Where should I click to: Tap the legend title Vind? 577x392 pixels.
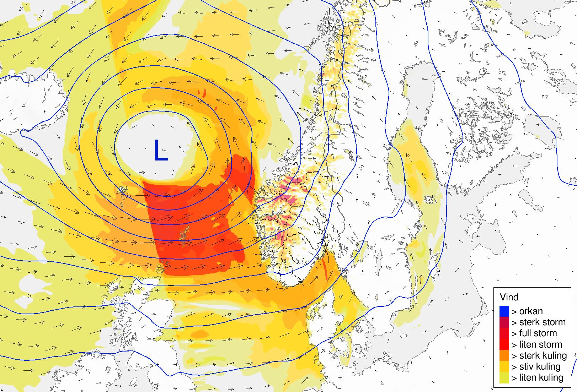click(509, 297)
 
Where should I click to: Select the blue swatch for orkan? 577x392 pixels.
click(504, 311)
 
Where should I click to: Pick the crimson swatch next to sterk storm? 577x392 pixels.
click(504, 322)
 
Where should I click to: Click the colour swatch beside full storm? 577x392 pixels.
click(504, 333)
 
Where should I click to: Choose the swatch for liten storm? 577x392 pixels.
click(504, 344)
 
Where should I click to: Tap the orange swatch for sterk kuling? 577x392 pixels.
click(504, 355)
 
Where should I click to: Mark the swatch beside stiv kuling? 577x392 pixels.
click(504, 366)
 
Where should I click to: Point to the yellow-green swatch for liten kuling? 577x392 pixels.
click(504, 377)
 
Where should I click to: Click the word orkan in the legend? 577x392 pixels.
click(531, 311)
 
